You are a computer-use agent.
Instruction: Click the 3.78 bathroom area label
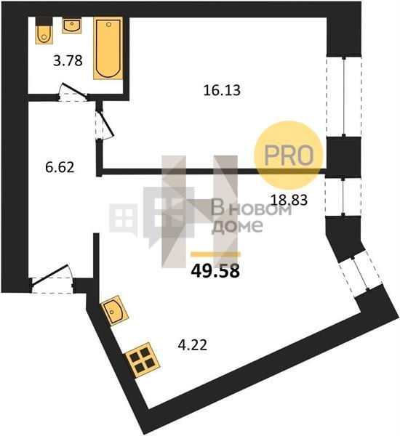68,61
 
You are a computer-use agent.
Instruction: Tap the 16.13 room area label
222,90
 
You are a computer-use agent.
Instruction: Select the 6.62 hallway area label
60,167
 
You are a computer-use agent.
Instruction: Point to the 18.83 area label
289,200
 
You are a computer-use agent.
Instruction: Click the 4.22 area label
192,345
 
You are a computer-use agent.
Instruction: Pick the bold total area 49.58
215,271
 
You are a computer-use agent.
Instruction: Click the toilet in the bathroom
44,31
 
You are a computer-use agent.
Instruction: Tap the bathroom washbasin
72,25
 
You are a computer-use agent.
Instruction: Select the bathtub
108,48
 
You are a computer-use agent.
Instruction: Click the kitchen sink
115,310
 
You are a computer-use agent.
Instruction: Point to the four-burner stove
142,360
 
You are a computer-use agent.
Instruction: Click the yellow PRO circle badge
289,156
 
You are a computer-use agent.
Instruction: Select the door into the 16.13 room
105,124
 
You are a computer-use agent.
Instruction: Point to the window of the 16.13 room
344,97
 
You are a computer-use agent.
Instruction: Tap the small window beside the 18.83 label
343,197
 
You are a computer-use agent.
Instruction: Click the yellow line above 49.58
216,254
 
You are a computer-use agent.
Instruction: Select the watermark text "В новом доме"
252,217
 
